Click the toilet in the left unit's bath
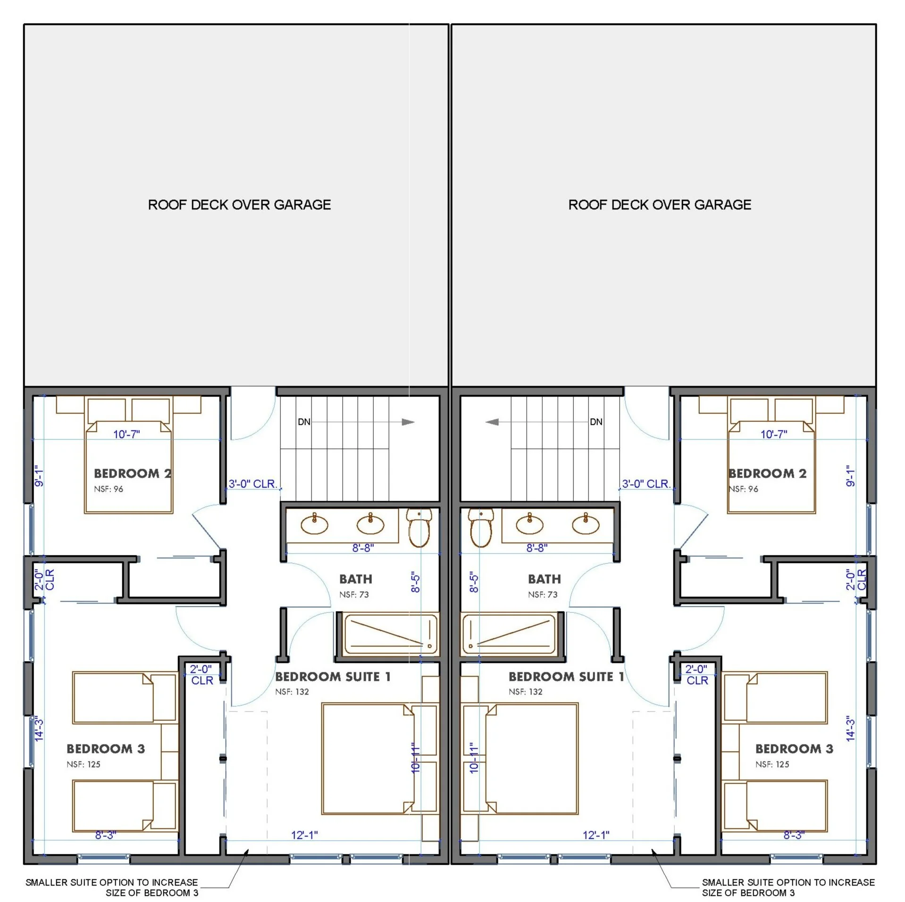419,528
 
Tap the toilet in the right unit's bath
481,528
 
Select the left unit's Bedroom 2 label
133,473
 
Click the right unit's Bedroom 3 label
794,749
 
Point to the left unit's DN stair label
304,422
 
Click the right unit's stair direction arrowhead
492,422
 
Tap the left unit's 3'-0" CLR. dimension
252,484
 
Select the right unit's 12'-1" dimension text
596,835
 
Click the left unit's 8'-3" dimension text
106,835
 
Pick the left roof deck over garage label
239,205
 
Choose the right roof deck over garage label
660,205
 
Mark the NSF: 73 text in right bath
543,595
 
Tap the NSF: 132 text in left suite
292,692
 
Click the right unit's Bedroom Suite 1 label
566,677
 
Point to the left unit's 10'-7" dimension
126,434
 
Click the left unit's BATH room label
356,579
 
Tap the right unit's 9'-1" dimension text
850,476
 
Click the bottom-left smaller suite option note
112,887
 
